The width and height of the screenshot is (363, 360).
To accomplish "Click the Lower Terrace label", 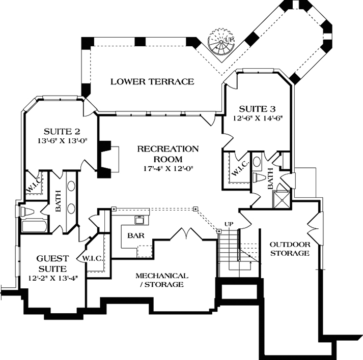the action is [152, 82].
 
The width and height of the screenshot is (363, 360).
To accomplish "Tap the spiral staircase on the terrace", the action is [221, 42].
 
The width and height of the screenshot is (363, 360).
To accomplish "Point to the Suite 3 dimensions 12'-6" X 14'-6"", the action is [258, 118].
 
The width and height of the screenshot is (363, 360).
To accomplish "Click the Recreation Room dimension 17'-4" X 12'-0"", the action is [168, 168].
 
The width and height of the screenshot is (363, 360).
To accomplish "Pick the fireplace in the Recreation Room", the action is [107, 159].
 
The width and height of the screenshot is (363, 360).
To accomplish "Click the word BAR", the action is [136, 235].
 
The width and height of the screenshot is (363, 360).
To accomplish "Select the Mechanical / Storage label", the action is [162, 280].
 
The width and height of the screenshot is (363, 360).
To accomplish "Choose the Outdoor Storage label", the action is [290, 249].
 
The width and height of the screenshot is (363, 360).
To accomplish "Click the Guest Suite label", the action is [52, 263].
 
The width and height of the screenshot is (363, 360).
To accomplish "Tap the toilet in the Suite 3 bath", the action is [260, 177].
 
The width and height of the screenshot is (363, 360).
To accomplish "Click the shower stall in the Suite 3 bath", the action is [281, 199].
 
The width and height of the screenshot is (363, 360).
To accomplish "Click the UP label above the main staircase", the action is [229, 224].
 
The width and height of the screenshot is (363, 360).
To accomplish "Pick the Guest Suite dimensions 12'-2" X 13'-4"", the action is [53, 278].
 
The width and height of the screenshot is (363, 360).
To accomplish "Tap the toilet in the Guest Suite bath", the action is [27, 212].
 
